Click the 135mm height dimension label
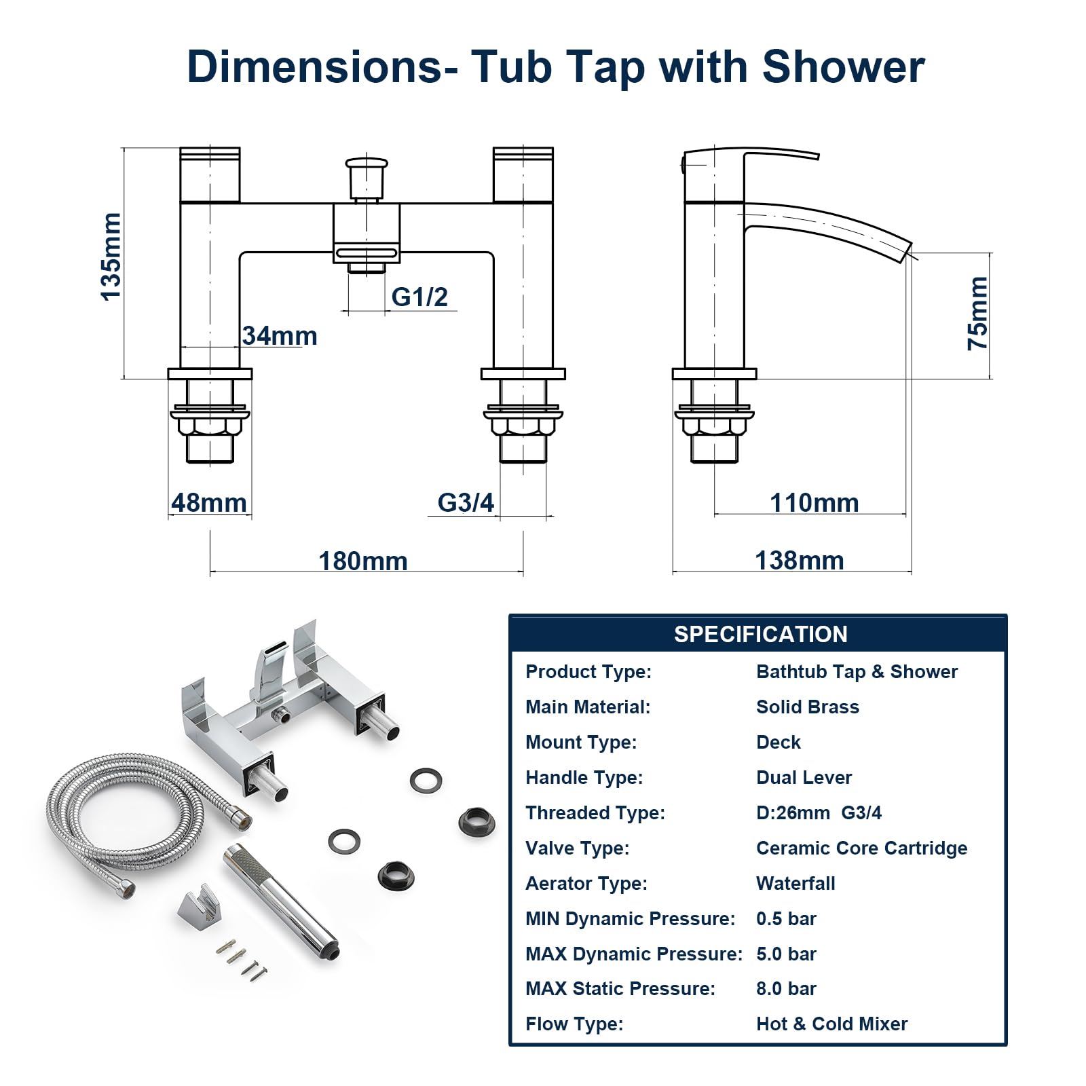pyautogui.click(x=111, y=256)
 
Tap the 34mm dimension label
pyautogui.click(x=280, y=336)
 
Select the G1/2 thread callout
pyautogui.click(x=419, y=297)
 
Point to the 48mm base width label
pyautogui.click(x=208, y=503)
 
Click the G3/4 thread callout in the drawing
pyautogui.click(x=466, y=502)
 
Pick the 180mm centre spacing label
pyautogui.click(x=363, y=561)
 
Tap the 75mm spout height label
pyautogui.click(x=977, y=313)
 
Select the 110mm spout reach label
pyautogui.click(x=814, y=503)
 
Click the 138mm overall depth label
pyautogui.click(x=800, y=561)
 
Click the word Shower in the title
pyautogui.click(x=843, y=67)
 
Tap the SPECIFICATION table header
pyautogui.click(x=760, y=634)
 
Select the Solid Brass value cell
pyautogui.click(x=807, y=707)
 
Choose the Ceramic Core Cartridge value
pyautogui.click(x=861, y=848)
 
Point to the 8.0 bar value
pyautogui.click(x=786, y=989)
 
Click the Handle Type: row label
pyautogui.click(x=584, y=778)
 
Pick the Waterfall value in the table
pyautogui.click(x=795, y=884)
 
